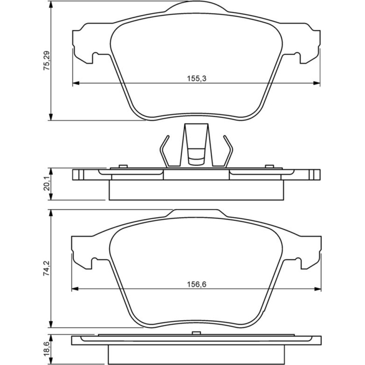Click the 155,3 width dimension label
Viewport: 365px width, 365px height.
[197, 78]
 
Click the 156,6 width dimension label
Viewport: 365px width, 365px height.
[197, 284]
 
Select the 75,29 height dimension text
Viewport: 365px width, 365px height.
[47, 61]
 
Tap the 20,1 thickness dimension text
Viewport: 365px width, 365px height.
[47, 184]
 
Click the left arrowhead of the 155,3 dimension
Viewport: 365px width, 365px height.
[76, 83]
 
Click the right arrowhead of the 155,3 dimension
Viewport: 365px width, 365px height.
[317, 83]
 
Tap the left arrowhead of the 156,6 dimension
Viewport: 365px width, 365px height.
[74, 289]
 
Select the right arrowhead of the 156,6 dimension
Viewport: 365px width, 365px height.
[318, 289]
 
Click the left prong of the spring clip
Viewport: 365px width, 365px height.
[164, 151]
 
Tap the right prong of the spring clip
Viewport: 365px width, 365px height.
[229, 151]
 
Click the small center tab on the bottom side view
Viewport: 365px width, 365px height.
[196, 333]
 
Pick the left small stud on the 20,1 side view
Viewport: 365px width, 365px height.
[123, 166]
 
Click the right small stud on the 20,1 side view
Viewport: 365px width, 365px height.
[270, 166]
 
